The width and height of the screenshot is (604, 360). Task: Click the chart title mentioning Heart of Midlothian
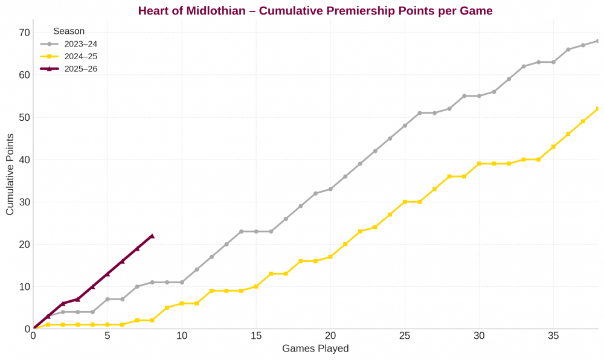315,10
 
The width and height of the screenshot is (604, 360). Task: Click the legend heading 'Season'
68,31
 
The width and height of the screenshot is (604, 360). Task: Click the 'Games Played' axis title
315,349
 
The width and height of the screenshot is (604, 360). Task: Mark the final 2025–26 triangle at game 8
152,236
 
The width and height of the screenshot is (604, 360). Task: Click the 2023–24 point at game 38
598,41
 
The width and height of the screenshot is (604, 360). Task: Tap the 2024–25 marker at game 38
598,109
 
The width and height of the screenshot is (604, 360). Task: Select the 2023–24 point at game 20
330,189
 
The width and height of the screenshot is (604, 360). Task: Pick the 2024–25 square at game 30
479,164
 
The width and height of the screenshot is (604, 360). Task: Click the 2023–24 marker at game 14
241,231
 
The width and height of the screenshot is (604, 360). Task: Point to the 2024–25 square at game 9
167,307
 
